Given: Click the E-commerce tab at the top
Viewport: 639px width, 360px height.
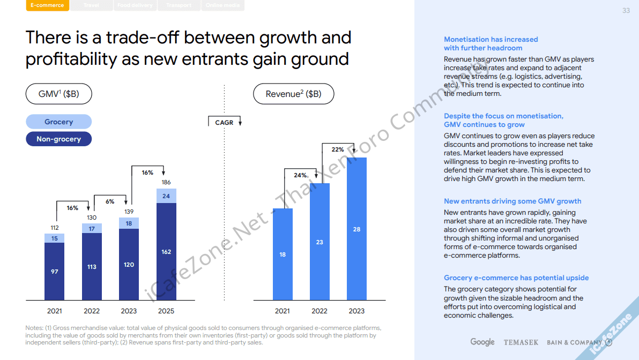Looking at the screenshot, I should [47, 5].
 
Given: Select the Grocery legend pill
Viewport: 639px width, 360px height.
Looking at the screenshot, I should [59, 122].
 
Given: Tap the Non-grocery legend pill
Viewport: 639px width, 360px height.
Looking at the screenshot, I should [59, 139].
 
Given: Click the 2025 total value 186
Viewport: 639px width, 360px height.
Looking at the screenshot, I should [166, 183].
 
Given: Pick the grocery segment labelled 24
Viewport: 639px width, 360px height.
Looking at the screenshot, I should [166, 196].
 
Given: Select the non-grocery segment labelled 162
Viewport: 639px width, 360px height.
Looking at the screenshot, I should [166, 252].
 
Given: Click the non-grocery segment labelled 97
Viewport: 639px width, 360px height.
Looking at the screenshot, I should [54, 272].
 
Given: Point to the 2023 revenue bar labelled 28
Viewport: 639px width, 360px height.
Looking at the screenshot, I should [356, 229].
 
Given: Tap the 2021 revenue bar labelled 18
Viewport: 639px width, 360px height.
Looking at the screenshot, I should [283, 254].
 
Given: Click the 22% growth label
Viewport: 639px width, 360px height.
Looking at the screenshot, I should [338, 149].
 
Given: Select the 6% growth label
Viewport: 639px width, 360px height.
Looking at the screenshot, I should [110, 201].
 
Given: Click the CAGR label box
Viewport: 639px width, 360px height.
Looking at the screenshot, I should [224, 123].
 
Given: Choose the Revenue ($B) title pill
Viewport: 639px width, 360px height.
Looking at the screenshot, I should [294, 94].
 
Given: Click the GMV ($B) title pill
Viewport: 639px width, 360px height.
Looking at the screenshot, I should [59, 94].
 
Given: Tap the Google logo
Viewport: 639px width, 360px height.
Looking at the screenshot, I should [482, 342].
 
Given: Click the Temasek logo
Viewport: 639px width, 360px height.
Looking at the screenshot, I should [521, 342].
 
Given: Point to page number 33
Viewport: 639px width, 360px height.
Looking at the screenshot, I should [626, 11].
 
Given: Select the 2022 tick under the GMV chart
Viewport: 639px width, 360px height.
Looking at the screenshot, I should [92, 311].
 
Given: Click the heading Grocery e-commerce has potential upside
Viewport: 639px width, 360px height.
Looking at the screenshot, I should [516, 278].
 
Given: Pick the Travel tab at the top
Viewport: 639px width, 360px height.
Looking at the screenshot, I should [91, 5].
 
